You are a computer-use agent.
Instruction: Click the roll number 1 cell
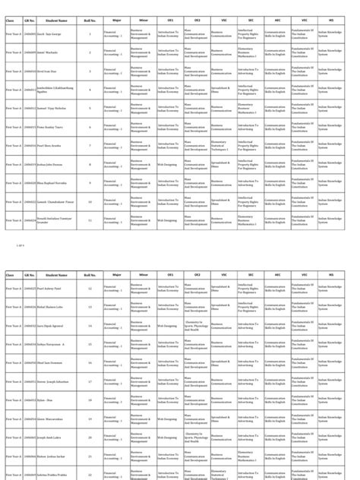pos(90,34)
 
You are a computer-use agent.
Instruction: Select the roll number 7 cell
pos(90,146)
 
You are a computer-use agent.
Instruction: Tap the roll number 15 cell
pos(90,344)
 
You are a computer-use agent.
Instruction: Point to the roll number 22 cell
pos(90,475)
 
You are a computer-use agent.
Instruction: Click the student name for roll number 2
pos(57,53)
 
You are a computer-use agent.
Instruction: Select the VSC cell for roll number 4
pos(223,90)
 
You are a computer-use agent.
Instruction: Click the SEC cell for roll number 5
pos(250,109)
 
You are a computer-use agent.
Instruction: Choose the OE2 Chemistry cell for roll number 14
pos(197,325)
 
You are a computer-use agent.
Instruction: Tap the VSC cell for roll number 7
pos(223,146)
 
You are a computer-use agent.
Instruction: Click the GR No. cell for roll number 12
pos(30,289)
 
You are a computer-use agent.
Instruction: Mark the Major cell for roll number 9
pos(116,183)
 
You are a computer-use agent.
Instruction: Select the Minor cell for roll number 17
pos(143,381)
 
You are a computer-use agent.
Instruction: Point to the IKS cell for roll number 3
pos(330,71)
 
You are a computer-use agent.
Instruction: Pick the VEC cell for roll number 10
pos(303,201)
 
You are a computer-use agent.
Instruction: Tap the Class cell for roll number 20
pos(14,437)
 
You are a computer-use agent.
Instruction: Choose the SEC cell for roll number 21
pos(250,456)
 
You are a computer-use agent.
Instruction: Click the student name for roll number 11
pos(57,220)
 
